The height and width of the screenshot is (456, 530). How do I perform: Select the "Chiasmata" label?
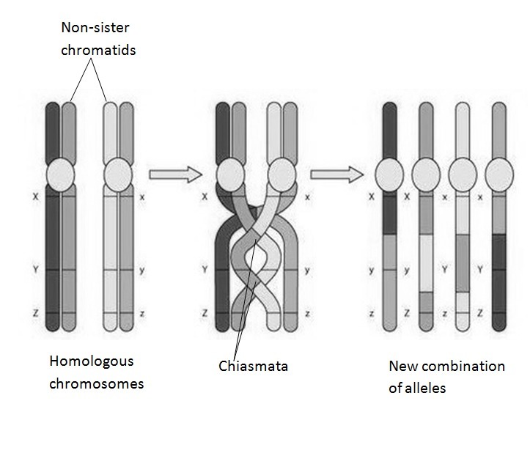pyautogui.click(x=253, y=365)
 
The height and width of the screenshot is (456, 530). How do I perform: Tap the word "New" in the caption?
pyautogui.click(x=401, y=366)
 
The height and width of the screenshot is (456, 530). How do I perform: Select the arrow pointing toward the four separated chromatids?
pyautogui.click(x=336, y=174)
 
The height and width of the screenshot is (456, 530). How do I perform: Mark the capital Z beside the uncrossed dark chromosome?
pyautogui.click(x=35, y=313)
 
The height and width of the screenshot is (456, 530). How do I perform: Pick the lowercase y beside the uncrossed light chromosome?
pyautogui.click(x=141, y=271)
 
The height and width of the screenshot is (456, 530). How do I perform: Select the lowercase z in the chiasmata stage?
pyautogui.click(x=308, y=313)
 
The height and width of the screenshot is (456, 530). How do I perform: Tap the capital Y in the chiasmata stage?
pyautogui.click(x=205, y=271)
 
